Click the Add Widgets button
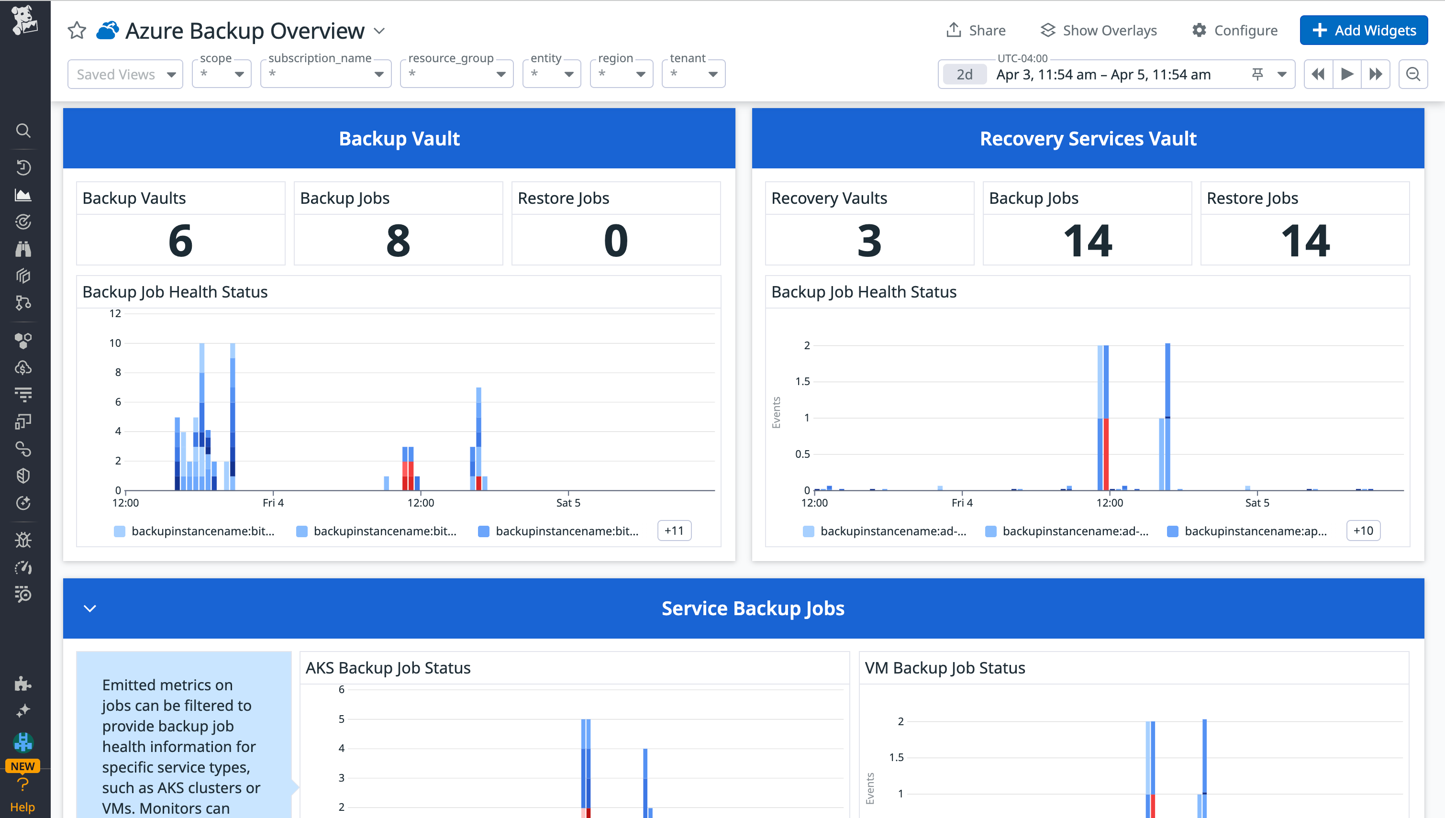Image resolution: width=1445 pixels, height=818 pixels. pos(1363,30)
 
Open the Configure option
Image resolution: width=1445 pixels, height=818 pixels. pos(1235,30)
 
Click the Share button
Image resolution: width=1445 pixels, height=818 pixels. pos(976,30)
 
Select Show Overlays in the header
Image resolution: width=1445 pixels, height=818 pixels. pos(1099,30)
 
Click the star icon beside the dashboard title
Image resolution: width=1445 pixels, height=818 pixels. pos(77,30)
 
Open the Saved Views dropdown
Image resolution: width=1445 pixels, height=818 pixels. pos(125,74)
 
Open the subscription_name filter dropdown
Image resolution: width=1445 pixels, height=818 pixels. pos(325,74)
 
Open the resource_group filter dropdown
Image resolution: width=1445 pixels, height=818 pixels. pos(456,74)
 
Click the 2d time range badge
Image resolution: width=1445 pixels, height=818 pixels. pos(964,74)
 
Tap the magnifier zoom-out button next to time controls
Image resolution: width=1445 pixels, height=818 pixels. pos(1412,74)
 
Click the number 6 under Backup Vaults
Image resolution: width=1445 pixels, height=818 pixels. pos(180,241)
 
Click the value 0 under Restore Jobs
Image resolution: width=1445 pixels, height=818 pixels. pos(615,241)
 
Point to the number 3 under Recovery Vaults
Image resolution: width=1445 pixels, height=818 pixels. pos(868,241)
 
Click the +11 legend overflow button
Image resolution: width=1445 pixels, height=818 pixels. pos(674,531)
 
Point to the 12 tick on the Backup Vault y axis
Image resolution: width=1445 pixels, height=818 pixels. pos(115,313)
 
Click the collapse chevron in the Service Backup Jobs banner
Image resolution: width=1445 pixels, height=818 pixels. pos(90,608)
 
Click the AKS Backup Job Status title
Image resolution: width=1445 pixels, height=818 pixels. pos(388,667)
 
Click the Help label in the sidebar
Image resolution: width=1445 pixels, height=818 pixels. pos(22,807)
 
